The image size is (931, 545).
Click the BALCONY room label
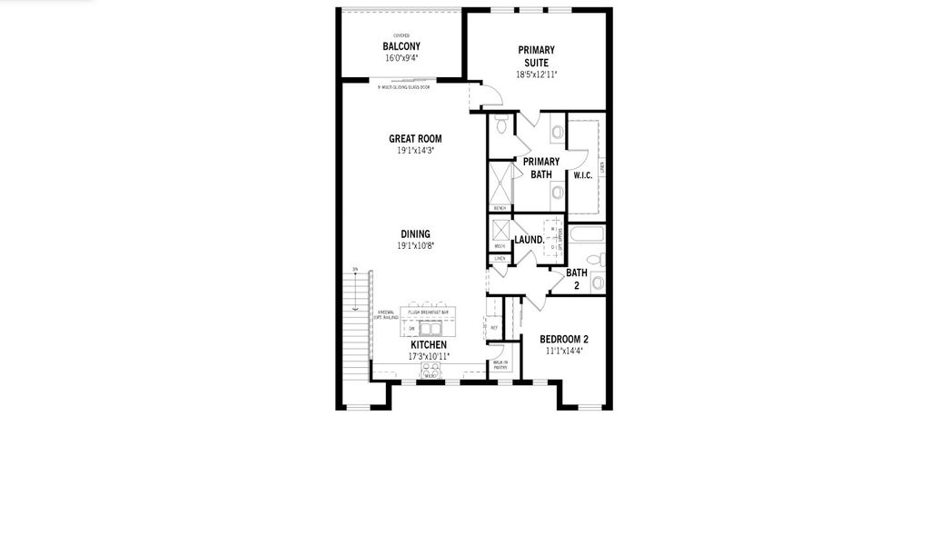[401, 46]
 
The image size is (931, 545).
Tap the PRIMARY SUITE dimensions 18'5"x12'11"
[537, 75]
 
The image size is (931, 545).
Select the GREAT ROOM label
[416, 139]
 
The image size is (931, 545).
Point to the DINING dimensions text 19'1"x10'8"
[416, 246]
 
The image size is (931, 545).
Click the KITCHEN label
[429, 345]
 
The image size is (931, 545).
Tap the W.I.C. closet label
[583, 175]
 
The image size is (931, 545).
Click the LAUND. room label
[529, 240]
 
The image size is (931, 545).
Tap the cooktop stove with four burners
[431, 370]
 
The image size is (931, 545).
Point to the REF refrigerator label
[494, 328]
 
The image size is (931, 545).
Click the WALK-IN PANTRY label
[500, 365]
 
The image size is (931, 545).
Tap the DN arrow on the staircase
[355, 270]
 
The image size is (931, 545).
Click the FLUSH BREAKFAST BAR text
[429, 312]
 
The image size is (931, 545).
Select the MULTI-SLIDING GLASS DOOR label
[403, 87]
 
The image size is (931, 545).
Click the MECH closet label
[500, 246]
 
